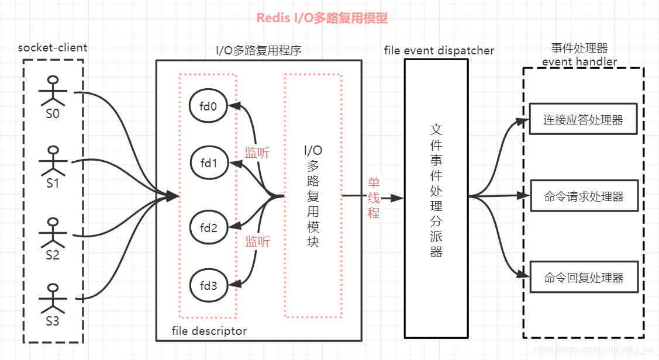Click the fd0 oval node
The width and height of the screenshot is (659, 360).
(208, 106)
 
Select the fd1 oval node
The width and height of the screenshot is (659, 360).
(208, 163)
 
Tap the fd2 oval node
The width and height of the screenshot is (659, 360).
(208, 228)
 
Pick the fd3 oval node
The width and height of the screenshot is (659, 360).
(208, 286)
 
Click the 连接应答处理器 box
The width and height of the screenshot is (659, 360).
(583, 120)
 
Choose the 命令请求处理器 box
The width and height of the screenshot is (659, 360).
(583, 196)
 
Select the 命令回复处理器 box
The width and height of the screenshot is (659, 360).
(583, 278)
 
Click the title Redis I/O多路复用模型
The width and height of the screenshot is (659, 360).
(322, 18)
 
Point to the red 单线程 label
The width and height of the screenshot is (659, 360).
(374, 198)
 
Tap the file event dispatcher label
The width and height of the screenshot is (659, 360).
(439, 50)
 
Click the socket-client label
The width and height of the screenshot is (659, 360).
(53, 48)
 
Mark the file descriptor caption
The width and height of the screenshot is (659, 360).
(209, 331)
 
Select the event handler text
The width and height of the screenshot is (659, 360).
(579, 61)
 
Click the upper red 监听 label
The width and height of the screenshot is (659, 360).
(257, 153)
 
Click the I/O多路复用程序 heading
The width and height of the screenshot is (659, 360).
(258, 50)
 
